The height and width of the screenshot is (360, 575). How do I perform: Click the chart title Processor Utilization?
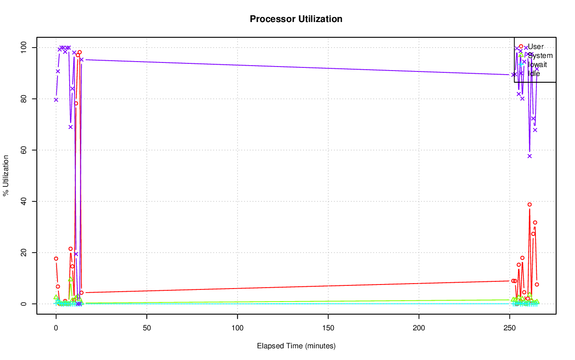click(296, 19)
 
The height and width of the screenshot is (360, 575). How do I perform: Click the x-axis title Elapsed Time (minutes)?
click(296, 346)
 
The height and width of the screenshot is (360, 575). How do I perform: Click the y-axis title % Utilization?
click(6, 175)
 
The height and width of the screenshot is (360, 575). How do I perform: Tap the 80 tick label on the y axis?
click(28, 99)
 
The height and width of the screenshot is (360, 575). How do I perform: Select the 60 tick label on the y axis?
click(28, 150)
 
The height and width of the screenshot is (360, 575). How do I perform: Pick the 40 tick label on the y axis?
click(28, 201)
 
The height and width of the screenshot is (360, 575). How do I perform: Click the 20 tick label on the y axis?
click(28, 253)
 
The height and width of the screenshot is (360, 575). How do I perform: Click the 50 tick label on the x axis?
click(146, 328)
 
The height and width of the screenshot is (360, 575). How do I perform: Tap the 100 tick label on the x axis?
click(237, 328)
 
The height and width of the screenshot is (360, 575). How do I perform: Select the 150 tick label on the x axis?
click(328, 328)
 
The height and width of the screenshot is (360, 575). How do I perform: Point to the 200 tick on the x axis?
click(419, 328)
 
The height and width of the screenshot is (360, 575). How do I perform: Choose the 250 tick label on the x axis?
click(509, 328)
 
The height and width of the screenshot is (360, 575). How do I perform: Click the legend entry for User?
click(535, 47)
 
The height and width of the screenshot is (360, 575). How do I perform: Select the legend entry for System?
click(540, 56)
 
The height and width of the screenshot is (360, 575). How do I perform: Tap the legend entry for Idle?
click(534, 74)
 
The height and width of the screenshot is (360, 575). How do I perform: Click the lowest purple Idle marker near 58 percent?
click(530, 156)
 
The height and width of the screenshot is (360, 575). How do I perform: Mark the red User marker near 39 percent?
click(530, 204)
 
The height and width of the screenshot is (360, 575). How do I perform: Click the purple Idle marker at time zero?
click(56, 100)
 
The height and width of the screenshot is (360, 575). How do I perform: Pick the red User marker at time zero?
click(56, 258)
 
